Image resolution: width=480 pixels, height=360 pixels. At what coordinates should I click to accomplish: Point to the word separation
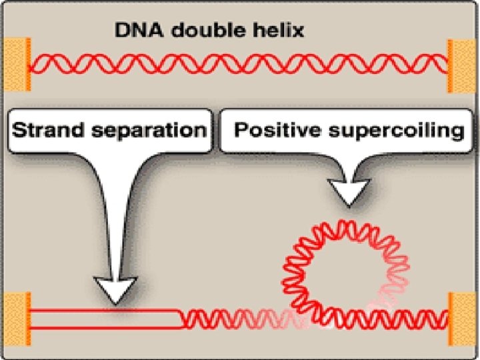click(x=149, y=130)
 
